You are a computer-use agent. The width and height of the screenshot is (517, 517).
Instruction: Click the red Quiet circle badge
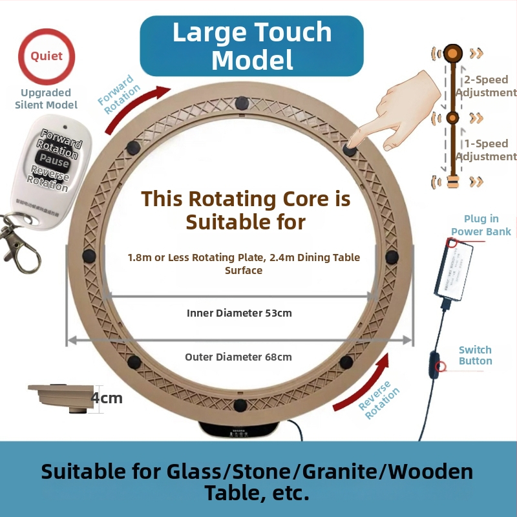47,56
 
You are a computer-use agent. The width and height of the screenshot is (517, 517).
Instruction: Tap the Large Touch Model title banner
252,46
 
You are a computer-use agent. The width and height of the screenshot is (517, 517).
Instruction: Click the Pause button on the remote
53,159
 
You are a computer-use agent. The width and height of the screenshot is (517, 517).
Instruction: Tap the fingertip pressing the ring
352,143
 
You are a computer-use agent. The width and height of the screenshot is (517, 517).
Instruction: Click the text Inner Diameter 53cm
239,313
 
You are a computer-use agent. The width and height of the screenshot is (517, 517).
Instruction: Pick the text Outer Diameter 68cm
238,357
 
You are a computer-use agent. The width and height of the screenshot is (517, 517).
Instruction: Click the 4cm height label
107,397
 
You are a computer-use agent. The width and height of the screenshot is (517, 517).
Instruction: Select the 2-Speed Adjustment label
487,87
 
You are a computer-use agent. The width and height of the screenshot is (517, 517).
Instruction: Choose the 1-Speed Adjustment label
487,150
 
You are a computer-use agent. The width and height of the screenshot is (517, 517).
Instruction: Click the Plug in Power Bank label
481,226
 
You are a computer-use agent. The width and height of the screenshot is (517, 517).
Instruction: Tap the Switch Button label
475,355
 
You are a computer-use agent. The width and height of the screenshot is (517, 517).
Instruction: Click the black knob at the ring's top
242,102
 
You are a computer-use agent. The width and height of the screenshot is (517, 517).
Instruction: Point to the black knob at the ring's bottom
240,405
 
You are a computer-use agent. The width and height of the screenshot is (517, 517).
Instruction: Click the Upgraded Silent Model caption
46,99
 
